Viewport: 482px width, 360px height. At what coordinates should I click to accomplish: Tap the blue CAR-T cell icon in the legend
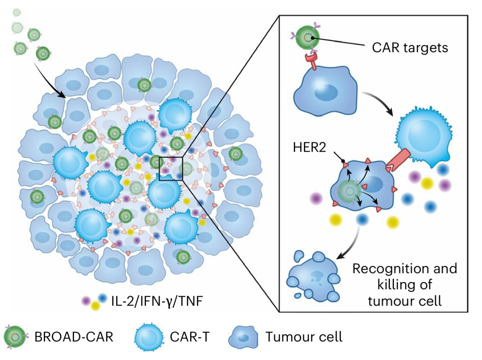(x=150, y=336)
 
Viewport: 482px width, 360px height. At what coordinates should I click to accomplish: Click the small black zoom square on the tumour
(x=171, y=169)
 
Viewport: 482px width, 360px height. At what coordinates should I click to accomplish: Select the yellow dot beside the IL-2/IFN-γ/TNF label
(x=95, y=306)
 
